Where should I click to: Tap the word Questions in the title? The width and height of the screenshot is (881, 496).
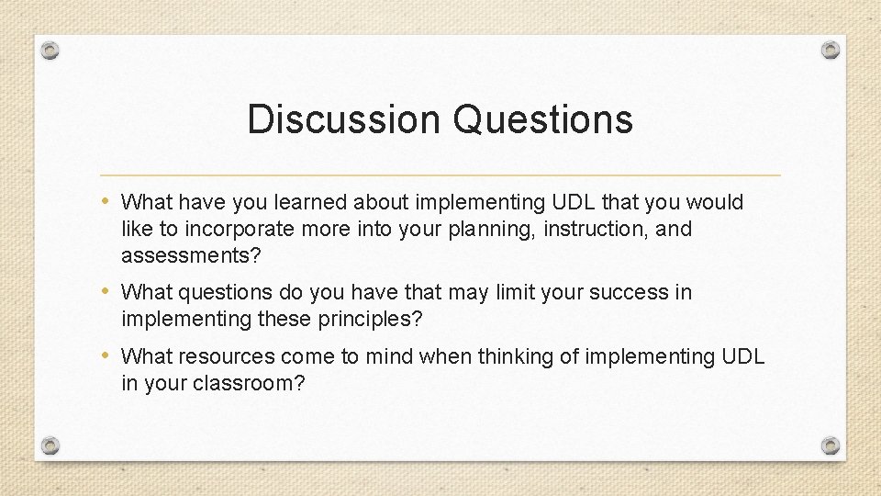(x=543, y=119)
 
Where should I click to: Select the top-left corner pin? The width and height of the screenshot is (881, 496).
(x=50, y=50)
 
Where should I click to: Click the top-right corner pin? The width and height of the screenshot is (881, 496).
(x=830, y=50)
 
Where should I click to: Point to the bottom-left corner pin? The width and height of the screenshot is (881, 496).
(x=50, y=445)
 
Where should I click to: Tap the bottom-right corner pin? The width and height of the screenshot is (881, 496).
(x=830, y=445)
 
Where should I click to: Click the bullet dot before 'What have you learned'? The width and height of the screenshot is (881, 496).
(x=109, y=201)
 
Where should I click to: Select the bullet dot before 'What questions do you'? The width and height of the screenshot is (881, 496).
(x=109, y=292)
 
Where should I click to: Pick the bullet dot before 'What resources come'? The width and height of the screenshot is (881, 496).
(x=109, y=355)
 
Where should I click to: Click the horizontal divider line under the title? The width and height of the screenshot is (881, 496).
(x=440, y=175)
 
